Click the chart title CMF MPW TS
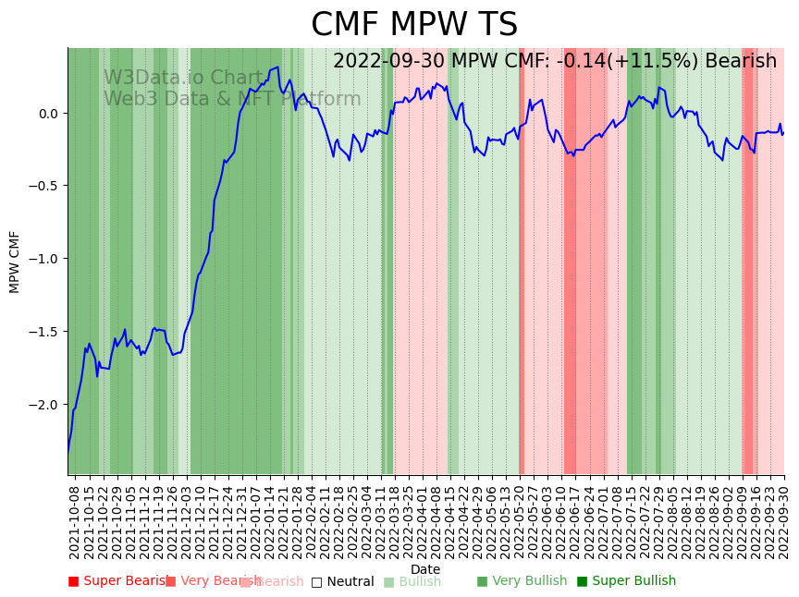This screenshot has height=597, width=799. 414,25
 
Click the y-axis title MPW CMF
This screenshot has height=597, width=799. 15,262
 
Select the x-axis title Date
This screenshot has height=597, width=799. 425,569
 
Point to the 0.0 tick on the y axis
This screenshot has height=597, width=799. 48,114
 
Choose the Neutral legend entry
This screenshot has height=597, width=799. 342,581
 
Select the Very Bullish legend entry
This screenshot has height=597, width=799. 522,581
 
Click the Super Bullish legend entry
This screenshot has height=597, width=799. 626,581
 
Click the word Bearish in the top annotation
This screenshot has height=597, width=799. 740,61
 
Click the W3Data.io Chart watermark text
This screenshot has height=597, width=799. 183,78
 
